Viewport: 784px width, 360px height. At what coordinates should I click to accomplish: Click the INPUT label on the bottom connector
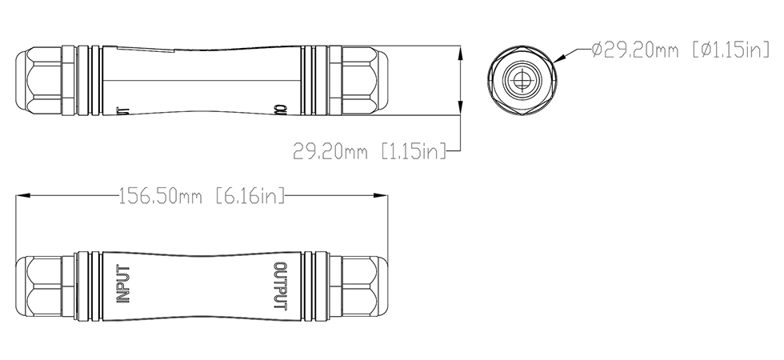(x=122, y=286)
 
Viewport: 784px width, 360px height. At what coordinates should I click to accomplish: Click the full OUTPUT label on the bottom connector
(x=280, y=286)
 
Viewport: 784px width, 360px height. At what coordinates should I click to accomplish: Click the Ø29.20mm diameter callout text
(x=640, y=50)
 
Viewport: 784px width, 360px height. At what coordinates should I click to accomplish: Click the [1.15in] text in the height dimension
(x=413, y=150)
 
